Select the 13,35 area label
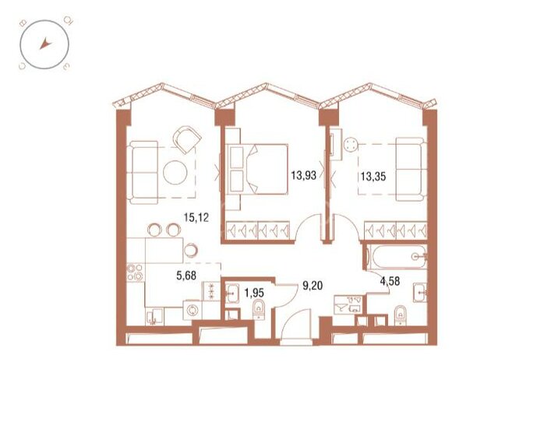tap(370, 176)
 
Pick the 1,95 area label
tap(254, 293)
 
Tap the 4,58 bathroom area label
tap(392, 282)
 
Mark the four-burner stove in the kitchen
tap(133, 274)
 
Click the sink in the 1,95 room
tap(232, 294)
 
